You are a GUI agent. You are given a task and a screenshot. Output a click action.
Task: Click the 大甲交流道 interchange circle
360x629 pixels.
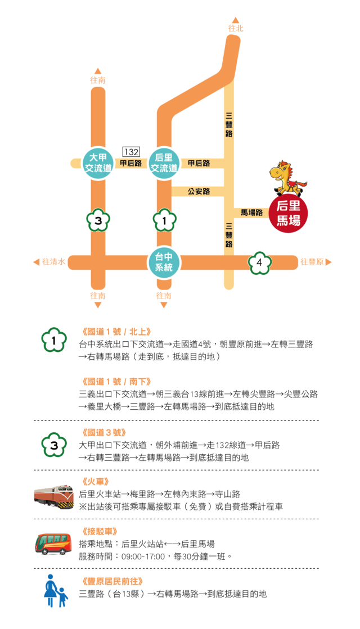click(x=98, y=163)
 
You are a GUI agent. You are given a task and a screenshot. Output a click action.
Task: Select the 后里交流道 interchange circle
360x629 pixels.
click(x=164, y=163)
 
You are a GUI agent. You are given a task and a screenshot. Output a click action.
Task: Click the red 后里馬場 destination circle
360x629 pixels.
click(x=288, y=214)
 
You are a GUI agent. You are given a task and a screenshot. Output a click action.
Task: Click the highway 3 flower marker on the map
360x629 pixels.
click(x=98, y=221)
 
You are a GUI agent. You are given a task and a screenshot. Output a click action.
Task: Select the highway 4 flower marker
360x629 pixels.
click(x=259, y=262)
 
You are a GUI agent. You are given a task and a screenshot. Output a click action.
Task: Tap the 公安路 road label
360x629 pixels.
click(x=199, y=192)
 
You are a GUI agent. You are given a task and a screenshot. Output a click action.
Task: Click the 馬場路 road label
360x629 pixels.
click(x=251, y=212)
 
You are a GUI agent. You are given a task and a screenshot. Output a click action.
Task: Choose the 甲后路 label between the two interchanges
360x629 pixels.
click(x=130, y=163)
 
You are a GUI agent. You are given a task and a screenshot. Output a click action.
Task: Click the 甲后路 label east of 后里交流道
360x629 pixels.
click(x=199, y=163)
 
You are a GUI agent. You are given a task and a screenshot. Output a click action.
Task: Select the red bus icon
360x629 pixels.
click(x=53, y=544)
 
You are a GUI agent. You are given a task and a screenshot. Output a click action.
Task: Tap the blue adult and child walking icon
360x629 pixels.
click(x=55, y=591)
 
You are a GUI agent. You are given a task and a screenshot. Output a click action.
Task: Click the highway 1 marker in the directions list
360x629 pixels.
click(x=54, y=340)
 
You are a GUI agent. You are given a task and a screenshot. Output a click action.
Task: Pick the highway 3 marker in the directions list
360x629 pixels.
click(x=54, y=446)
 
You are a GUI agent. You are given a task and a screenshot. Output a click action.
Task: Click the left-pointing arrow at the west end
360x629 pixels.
click(x=37, y=262)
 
